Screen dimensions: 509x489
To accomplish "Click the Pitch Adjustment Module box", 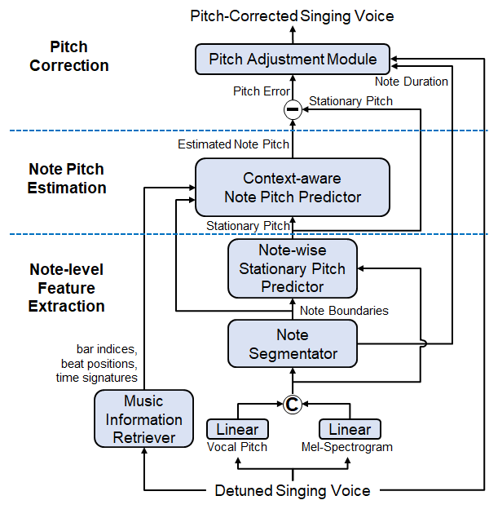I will [293, 60].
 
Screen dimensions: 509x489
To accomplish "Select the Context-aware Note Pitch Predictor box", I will [293, 187].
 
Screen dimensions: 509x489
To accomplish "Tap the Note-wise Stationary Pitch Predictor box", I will [293, 268].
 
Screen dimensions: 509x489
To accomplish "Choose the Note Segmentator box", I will [293, 344].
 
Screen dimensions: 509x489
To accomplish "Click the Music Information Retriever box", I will [143, 419].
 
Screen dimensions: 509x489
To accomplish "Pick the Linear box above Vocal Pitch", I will [237, 429].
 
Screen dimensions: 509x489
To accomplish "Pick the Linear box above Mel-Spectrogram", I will [350, 429].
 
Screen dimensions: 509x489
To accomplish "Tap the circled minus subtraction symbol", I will [293, 109].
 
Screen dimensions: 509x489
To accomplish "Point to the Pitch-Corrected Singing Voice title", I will [293, 15].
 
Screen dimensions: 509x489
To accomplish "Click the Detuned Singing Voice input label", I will [293, 490].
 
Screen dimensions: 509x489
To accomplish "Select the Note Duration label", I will [412, 82].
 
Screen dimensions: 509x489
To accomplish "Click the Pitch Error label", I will [261, 91].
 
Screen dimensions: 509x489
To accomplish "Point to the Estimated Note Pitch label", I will [233, 144].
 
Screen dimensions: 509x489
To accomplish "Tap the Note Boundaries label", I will [344, 310].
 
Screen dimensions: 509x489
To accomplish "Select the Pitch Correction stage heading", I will [68, 56].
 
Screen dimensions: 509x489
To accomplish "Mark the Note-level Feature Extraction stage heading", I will [67, 288].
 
